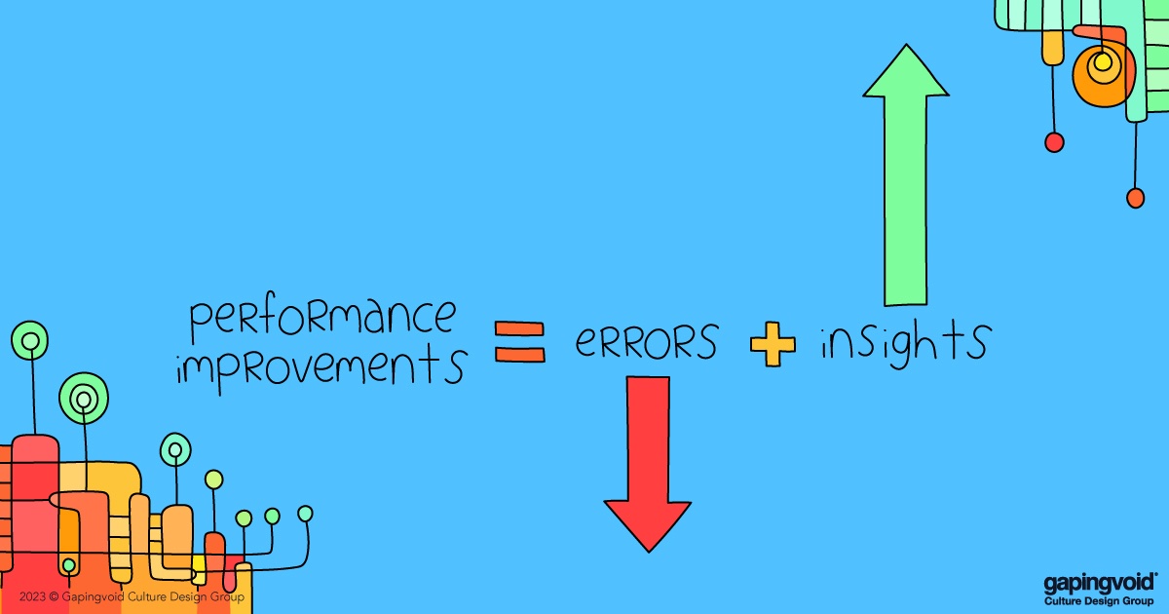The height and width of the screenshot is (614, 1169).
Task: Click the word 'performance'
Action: [322, 318]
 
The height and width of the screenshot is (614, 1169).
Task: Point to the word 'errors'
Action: [646, 342]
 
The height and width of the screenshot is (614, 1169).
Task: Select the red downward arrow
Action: [648, 458]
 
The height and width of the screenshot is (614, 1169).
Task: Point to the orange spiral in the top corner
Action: [1103, 70]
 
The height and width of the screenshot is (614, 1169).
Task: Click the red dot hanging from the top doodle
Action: [1054, 142]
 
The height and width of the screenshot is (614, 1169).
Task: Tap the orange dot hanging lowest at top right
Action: [1135, 198]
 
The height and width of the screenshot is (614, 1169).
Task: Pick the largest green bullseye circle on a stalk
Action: [84, 398]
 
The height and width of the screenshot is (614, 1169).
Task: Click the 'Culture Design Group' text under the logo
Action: [1098, 600]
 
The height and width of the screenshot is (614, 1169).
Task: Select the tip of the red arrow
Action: [648, 550]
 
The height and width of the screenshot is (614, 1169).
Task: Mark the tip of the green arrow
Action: [906, 46]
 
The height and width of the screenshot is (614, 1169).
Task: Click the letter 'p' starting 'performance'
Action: [197, 321]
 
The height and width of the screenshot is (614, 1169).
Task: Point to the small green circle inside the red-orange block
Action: [68, 565]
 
